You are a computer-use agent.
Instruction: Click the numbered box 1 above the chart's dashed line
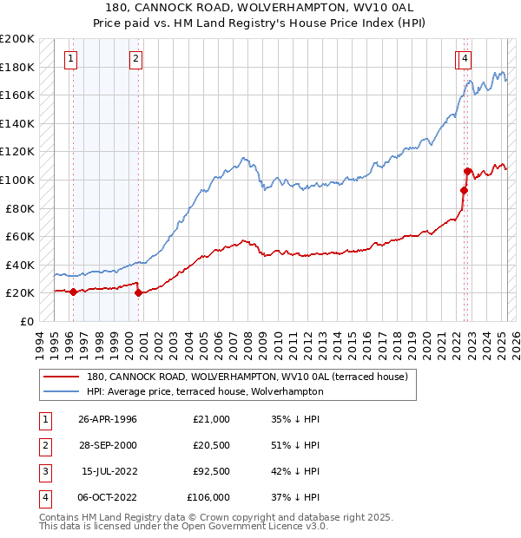pos(69,59)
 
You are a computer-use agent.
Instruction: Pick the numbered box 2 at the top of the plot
pos(136,59)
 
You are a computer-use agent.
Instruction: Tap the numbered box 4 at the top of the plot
pos(466,59)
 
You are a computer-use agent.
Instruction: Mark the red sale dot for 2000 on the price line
pos(139,292)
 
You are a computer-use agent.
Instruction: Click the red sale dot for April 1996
pos(73,292)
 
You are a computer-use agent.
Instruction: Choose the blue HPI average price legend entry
pos(205,391)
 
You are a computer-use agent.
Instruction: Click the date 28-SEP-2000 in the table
pos(108,446)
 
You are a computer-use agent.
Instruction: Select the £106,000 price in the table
pos(208,497)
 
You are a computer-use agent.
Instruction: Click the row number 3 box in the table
pos(43,471)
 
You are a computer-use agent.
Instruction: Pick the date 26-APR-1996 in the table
pos(108,420)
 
